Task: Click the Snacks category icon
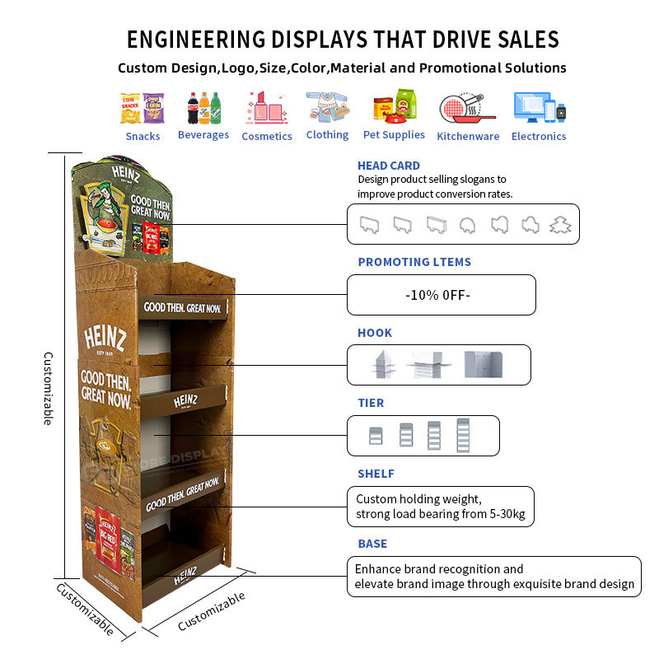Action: pos(143,107)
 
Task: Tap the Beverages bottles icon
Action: pos(203,107)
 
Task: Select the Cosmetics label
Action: pos(267,137)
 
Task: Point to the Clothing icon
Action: pos(327,107)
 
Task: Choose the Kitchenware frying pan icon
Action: pos(467,108)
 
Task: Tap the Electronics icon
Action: pos(540,108)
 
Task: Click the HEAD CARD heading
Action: pos(388,166)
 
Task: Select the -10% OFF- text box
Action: pos(441,295)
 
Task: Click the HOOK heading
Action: pos(375,333)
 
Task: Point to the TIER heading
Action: pos(371,403)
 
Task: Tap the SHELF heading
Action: pos(376,474)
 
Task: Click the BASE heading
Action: pos(372,544)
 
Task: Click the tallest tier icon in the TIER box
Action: pos(463,435)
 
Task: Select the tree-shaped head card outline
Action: pos(561,224)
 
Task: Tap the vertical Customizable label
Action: pos(49,388)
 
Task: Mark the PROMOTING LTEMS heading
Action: pos(414,262)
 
